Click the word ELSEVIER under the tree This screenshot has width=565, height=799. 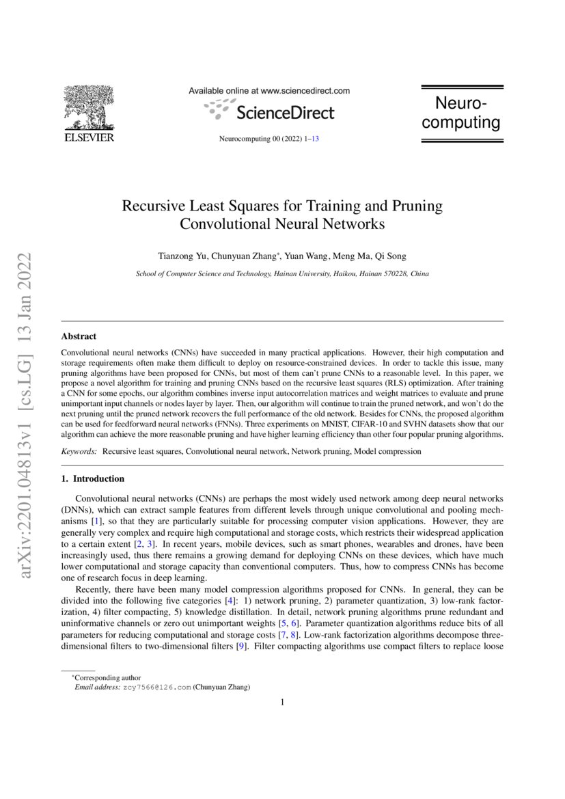[89, 137]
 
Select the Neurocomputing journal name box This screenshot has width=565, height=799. [461, 113]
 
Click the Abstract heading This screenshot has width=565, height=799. [79, 336]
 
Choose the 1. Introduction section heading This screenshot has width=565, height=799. [93, 478]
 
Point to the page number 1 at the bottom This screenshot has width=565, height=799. [282, 702]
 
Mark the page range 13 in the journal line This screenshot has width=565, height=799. [316, 139]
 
